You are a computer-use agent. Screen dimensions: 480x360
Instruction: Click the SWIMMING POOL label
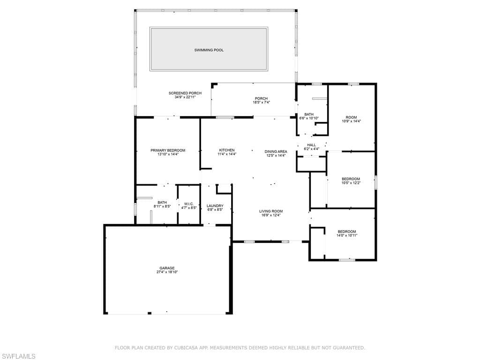209,50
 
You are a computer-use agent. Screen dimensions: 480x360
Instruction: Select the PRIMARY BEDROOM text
168,150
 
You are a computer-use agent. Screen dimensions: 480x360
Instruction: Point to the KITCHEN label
227,150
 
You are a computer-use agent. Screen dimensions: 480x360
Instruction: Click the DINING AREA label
276,151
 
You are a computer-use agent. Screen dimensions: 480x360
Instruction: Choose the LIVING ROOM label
271,211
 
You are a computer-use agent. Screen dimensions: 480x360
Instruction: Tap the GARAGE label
167,268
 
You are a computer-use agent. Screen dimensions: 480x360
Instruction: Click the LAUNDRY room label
215,206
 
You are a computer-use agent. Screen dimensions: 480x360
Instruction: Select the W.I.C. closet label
188,204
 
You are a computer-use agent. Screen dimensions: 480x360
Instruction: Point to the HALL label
311,145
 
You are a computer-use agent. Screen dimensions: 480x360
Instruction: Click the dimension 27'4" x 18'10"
167,272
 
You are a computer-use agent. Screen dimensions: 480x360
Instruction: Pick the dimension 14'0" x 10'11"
347,235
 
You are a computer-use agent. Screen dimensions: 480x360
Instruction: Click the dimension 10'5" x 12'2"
351,183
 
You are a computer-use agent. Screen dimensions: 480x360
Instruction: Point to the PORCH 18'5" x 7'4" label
261,100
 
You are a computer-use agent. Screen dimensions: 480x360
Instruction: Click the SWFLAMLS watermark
18,356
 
